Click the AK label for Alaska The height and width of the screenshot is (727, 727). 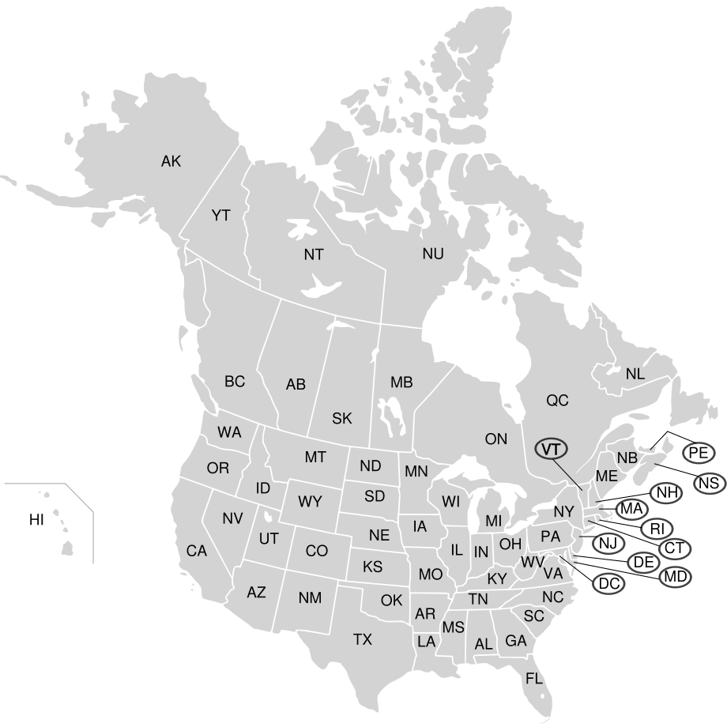click(x=171, y=162)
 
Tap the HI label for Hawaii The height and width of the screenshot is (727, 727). click(x=36, y=519)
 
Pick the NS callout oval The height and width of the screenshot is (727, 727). click(x=709, y=481)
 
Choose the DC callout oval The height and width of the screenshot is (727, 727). click(x=608, y=584)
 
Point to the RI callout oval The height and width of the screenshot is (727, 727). click(x=656, y=529)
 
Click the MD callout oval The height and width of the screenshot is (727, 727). click(x=676, y=576)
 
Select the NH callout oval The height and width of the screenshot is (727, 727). click(x=668, y=493)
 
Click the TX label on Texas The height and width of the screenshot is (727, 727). click(x=362, y=639)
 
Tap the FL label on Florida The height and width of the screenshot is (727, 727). click(x=534, y=678)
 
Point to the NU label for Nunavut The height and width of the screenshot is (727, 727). click(x=433, y=254)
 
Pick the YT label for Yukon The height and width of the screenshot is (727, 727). click(x=220, y=215)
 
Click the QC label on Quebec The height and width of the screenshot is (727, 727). click(x=557, y=401)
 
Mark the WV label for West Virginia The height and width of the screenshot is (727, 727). click(x=531, y=562)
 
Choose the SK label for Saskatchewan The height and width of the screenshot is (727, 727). click(x=342, y=419)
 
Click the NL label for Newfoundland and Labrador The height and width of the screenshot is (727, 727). click(x=635, y=374)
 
